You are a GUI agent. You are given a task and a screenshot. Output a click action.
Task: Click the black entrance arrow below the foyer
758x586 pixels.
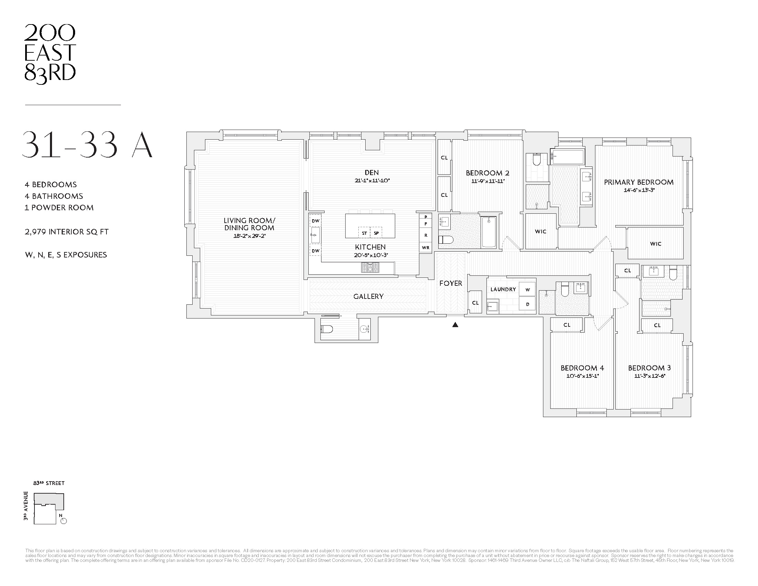click(455, 325)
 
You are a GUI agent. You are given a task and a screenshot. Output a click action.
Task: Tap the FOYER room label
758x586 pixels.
click(451, 283)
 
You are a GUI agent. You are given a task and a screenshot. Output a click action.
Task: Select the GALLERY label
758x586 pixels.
click(368, 296)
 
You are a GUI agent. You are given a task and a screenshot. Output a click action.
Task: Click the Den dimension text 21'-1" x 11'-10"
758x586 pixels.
click(372, 181)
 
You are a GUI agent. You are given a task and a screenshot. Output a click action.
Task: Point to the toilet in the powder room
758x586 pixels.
click(327, 329)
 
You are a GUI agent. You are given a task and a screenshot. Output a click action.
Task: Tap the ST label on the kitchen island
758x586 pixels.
click(364, 233)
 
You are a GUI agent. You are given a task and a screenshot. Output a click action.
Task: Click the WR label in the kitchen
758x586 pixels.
click(426, 247)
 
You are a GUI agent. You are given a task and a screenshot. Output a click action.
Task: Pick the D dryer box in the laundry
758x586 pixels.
click(527, 304)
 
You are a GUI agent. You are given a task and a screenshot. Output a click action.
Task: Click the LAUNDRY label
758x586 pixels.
click(503, 289)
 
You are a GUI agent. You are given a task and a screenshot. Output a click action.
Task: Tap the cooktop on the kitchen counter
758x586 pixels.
click(370, 267)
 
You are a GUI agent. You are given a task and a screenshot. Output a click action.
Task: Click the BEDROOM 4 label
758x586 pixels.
click(582, 368)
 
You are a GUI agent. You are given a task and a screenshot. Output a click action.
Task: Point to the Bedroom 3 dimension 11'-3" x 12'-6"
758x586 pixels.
click(649, 376)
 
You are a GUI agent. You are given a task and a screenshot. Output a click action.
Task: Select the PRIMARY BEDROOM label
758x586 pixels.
click(638, 182)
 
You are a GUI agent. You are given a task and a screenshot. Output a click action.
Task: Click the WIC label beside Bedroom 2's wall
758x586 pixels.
click(540, 232)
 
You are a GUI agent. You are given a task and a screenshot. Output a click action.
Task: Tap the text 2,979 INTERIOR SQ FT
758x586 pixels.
click(66, 232)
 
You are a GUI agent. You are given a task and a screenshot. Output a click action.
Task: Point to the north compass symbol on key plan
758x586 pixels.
click(63, 521)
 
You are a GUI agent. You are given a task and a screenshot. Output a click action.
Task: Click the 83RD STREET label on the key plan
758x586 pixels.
click(49, 483)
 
